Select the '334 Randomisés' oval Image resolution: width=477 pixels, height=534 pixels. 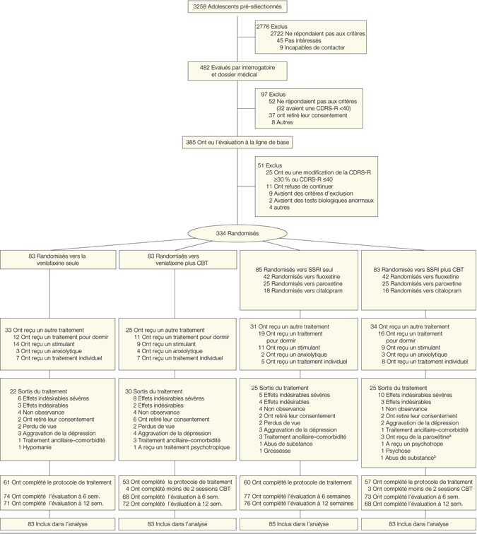[237, 234]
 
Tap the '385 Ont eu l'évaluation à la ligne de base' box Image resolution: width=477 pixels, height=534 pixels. [237, 142]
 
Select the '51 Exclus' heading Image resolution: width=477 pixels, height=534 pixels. [270, 165]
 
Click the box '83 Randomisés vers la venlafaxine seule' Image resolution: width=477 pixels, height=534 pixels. [59, 259]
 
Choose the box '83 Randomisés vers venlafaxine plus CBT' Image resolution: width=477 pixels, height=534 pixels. [178, 259]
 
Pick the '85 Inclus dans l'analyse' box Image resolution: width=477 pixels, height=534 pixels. [297, 524]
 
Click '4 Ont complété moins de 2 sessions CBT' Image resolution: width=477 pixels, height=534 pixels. [179, 489]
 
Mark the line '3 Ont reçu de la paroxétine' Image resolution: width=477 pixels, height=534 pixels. [417, 436]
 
